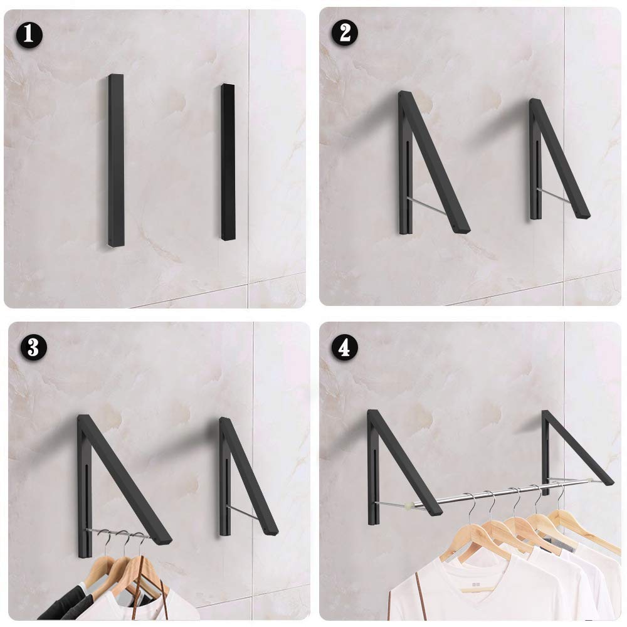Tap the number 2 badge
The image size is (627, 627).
click(344, 34)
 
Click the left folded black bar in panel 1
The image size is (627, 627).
click(116, 160)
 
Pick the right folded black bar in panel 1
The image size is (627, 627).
click(228, 162)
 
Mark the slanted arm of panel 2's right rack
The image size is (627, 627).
click(560, 160)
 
